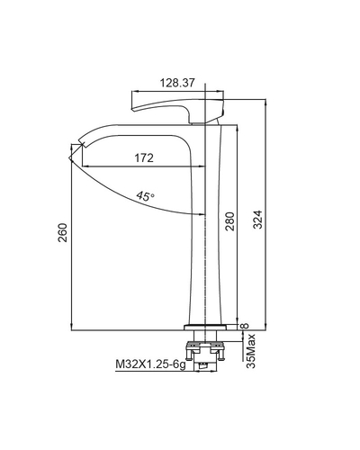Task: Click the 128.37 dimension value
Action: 177,81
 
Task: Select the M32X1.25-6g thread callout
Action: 149,365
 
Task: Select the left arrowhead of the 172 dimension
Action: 84,166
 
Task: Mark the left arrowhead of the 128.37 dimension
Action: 135,90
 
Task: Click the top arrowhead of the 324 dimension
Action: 267,103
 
